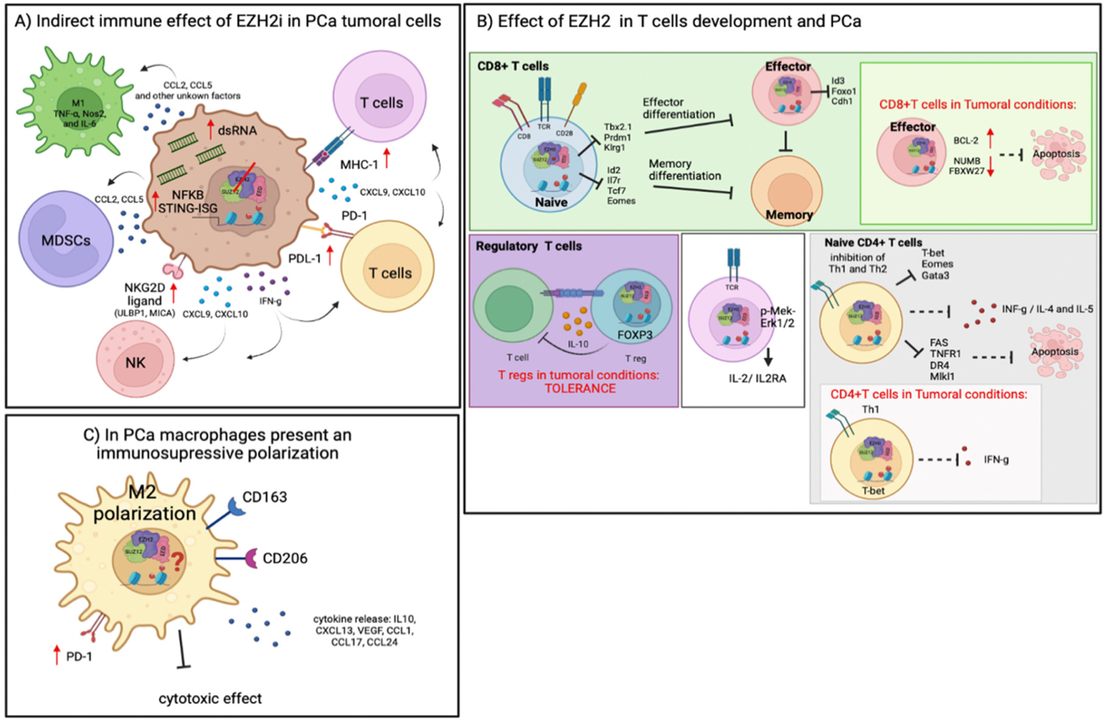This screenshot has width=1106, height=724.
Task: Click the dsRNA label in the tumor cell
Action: click(x=237, y=131)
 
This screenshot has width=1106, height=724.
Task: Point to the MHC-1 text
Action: click(x=358, y=164)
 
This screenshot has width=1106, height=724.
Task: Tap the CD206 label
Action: click(x=285, y=558)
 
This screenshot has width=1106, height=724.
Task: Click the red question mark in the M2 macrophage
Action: click(x=177, y=562)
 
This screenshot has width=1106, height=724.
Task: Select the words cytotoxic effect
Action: click(x=210, y=698)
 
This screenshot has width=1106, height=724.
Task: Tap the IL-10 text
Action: click(x=577, y=344)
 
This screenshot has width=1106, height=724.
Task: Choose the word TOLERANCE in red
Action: click(x=580, y=388)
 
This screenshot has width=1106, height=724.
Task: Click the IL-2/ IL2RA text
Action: click(x=757, y=379)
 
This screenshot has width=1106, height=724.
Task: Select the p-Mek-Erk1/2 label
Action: click(x=778, y=317)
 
